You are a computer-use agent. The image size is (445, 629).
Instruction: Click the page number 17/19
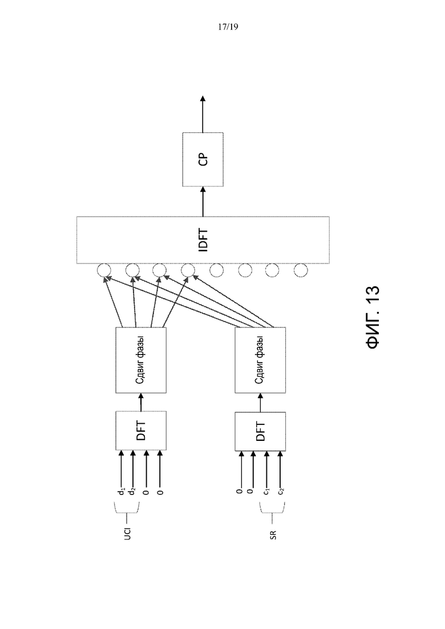tap(228, 27)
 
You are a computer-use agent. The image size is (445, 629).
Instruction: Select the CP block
tap(203, 159)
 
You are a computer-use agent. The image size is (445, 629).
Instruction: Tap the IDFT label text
tap(204, 240)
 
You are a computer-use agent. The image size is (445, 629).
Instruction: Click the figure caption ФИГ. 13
tap(373, 317)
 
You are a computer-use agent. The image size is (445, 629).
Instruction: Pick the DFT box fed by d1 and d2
tap(141, 431)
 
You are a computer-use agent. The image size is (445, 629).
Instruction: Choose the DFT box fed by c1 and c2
tap(260, 431)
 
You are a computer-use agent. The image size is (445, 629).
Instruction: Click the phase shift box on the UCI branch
tap(141, 360)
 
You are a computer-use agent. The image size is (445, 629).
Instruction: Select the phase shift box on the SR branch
tap(260, 360)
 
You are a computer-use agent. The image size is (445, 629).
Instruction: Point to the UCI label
tap(127, 533)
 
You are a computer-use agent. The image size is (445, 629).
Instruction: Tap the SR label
tap(273, 535)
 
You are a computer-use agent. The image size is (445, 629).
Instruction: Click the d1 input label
tap(122, 491)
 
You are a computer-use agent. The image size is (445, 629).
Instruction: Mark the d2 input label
tap(132, 491)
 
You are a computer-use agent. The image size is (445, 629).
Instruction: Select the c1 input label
tap(267, 491)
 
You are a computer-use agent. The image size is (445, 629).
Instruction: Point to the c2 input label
tap(281, 491)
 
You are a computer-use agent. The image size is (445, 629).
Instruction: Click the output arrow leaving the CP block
tap(203, 114)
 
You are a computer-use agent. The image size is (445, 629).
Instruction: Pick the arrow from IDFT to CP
tap(203, 201)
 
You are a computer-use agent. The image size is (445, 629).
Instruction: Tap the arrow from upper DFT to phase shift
tap(141, 402)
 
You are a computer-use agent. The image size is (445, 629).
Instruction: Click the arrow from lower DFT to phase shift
tap(260, 403)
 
